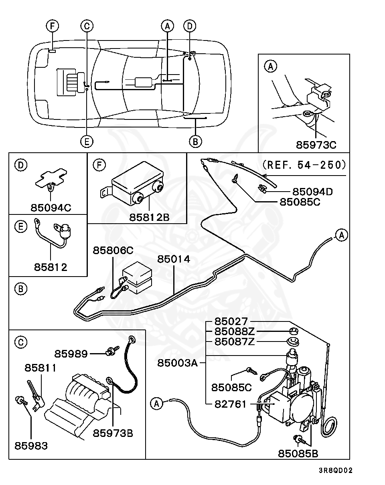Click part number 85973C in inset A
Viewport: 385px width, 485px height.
point(316,144)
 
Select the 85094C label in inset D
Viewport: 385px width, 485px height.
point(51,208)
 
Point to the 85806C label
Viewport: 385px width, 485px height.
point(113,250)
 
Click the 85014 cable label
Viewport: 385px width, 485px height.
point(173,259)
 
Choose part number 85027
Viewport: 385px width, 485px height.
point(231,321)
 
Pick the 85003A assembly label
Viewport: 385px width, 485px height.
point(177,363)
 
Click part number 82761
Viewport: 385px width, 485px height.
point(231,404)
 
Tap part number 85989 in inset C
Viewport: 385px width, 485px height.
point(71,354)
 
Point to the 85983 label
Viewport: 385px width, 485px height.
point(31,445)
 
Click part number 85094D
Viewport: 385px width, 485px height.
point(312,192)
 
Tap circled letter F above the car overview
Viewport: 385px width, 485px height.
point(52,26)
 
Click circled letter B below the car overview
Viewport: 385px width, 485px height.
point(195,141)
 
